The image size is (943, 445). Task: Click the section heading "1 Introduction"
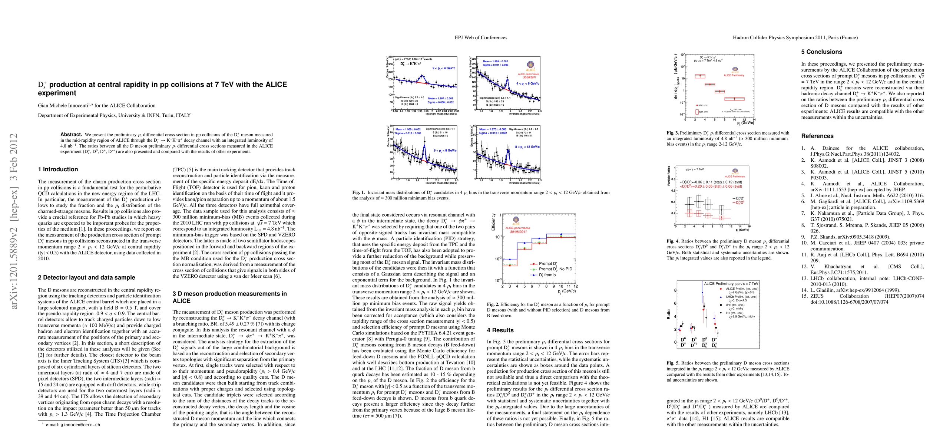58,169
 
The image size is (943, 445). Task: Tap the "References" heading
817,136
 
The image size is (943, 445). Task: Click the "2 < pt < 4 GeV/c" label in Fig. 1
444,68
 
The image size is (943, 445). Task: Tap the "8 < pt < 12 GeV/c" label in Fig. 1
527,147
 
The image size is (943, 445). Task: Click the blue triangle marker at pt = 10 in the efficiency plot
561,234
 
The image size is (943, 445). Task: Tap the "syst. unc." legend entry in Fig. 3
703,112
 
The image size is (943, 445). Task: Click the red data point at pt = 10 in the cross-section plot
734,99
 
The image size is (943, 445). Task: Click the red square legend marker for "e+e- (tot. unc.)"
721,305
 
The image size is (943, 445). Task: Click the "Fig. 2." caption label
494,304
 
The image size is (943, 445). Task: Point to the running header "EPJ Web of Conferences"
481,37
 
